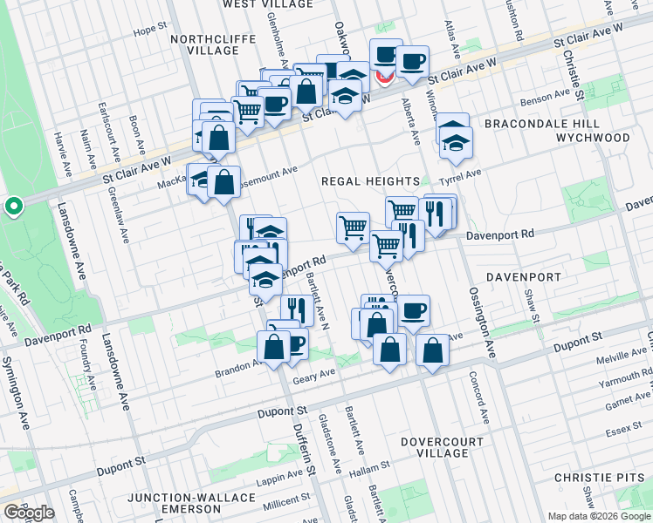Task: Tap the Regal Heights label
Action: (371, 181)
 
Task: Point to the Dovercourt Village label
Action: (442, 448)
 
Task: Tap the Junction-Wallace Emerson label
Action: (192, 503)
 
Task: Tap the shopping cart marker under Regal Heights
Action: (353, 228)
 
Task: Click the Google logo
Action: (28, 513)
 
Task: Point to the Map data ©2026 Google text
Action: (598, 516)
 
